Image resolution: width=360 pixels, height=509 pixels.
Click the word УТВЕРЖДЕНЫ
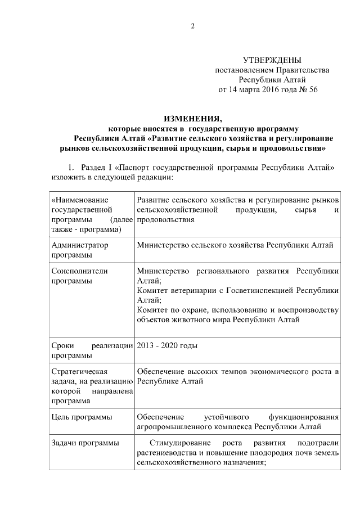click(272, 60)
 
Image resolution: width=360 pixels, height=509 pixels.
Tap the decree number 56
click(313, 89)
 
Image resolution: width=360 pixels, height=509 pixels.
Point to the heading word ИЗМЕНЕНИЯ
click(193, 119)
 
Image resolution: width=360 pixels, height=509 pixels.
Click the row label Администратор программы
click(80, 250)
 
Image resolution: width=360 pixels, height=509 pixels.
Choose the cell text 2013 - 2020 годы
click(167, 345)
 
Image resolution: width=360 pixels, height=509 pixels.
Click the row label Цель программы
click(81, 417)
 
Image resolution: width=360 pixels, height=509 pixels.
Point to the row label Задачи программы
click(85, 443)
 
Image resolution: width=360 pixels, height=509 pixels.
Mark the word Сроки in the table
click(62, 345)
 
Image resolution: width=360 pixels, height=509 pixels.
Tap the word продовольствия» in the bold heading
click(293, 149)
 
